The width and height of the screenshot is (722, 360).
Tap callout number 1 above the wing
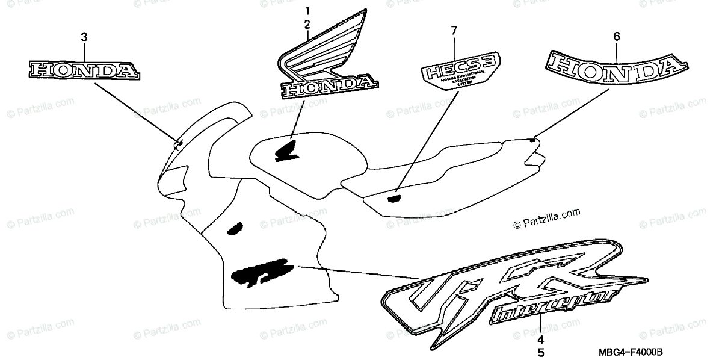pyautogui.click(x=307, y=11)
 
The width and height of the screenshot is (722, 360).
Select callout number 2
pyautogui.click(x=307, y=25)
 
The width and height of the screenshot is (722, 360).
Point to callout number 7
pyautogui.click(x=454, y=30)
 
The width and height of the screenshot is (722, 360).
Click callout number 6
pyautogui.click(x=616, y=37)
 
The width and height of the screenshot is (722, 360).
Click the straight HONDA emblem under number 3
pyautogui.click(x=84, y=70)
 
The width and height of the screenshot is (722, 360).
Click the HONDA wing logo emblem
pyautogui.click(x=325, y=60)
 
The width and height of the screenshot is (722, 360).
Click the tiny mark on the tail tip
pyautogui.click(x=532, y=140)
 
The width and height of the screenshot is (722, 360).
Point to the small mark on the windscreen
pyautogui.click(x=179, y=143)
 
